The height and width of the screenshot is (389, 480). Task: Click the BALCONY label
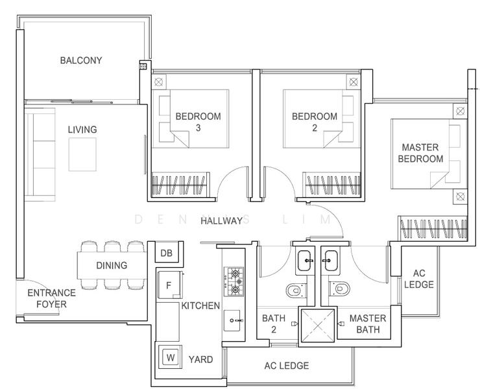pyautogui.click(x=81, y=60)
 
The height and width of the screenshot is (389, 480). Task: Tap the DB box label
pyautogui.click(x=166, y=253)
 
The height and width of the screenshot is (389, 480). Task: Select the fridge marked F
pyautogui.click(x=170, y=285)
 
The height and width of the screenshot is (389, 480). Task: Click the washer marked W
pyautogui.click(x=170, y=357)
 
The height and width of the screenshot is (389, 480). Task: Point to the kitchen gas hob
pyautogui.click(x=234, y=281)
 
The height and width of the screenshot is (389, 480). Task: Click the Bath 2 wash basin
pyautogui.click(x=305, y=261)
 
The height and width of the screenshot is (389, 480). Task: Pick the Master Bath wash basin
pyautogui.click(x=331, y=261)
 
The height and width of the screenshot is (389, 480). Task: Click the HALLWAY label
pyautogui.click(x=222, y=220)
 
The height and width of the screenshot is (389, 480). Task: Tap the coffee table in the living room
pyautogui.click(x=82, y=154)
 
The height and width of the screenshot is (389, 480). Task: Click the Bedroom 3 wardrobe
pyautogui.click(x=181, y=184)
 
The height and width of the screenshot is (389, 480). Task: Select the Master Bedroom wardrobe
pyautogui.click(x=433, y=228)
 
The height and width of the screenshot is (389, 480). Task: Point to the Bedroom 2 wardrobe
pyautogui.click(x=331, y=184)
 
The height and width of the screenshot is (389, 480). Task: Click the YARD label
pyautogui.click(x=200, y=359)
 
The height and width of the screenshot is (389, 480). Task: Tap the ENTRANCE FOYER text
pyautogui.click(x=51, y=298)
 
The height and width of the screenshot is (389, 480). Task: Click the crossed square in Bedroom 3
pyautogui.click(x=158, y=82)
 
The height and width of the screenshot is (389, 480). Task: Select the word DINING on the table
pyautogui.click(x=112, y=265)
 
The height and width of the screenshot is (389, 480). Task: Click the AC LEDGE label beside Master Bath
pyautogui.click(x=419, y=279)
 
